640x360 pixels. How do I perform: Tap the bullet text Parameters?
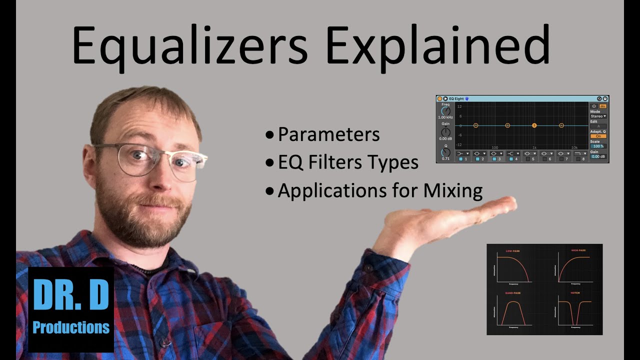pyautogui.click(x=328, y=134)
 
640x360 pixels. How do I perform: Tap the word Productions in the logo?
pyautogui.click(x=71, y=327)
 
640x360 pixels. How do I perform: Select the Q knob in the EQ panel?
pyautogui.click(x=445, y=152)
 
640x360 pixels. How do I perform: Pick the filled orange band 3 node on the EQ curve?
pyautogui.click(x=534, y=125)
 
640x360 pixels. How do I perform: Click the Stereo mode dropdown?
pyautogui.click(x=598, y=116)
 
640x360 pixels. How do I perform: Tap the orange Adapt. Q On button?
pyautogui.click(x=598, y=136)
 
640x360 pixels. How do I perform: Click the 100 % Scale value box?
pyautogui.click(x=598, y=146)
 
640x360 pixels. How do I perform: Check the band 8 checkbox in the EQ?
pyautogui.click(x=576, y=159)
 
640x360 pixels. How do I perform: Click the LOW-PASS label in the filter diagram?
pyautogui.click(x=513, y=250)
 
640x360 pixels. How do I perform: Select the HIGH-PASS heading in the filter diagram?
pyautogui.click(x=578, y=250)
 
